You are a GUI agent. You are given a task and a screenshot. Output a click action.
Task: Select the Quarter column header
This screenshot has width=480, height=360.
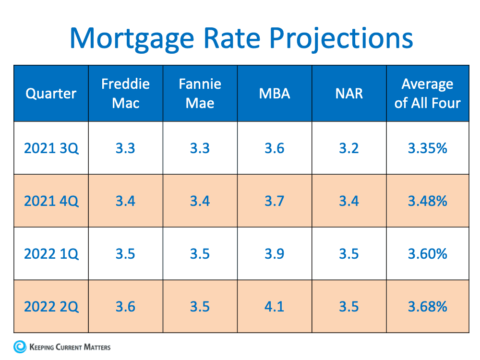[x=51, y=93]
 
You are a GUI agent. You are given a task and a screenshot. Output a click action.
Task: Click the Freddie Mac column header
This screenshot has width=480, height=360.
[x=125, y=93]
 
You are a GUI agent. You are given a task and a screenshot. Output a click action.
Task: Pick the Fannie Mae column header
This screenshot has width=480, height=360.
[x=200, y=93]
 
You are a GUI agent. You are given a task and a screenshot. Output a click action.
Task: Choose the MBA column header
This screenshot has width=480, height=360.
[x=275, y=93]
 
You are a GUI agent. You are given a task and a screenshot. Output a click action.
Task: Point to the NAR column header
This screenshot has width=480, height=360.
[x=349, y=93]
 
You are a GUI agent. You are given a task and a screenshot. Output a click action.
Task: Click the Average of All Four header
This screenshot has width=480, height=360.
[x=427, y=93]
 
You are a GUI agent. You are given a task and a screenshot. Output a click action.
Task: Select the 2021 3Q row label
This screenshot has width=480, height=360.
[x=51, y=148]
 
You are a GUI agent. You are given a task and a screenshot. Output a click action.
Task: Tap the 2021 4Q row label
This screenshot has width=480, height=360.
[x=51, y=201]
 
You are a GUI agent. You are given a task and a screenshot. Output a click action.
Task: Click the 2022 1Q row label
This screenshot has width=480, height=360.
[x=51, y=253]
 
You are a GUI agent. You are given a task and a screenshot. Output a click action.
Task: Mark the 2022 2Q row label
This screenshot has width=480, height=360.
[x=51, y=306]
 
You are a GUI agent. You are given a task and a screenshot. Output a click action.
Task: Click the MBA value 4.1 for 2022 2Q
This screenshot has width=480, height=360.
[x=275, y=306]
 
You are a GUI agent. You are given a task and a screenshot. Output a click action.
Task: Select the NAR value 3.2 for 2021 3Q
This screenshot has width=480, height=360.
[x=349, y=148]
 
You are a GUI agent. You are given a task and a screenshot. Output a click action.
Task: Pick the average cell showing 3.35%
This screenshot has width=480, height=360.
[x=427, y=148]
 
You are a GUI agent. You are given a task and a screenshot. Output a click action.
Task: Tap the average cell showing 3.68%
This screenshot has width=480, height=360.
[x=427, y=306]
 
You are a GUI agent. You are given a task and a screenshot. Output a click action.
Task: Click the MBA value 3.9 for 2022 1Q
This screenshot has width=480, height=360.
[x=275, y=253]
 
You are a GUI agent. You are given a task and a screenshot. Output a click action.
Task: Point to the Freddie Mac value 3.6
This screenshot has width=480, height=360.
[x=125, y=306]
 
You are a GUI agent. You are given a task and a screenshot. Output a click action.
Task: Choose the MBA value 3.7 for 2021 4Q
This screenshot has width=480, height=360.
[x=275, y=201]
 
